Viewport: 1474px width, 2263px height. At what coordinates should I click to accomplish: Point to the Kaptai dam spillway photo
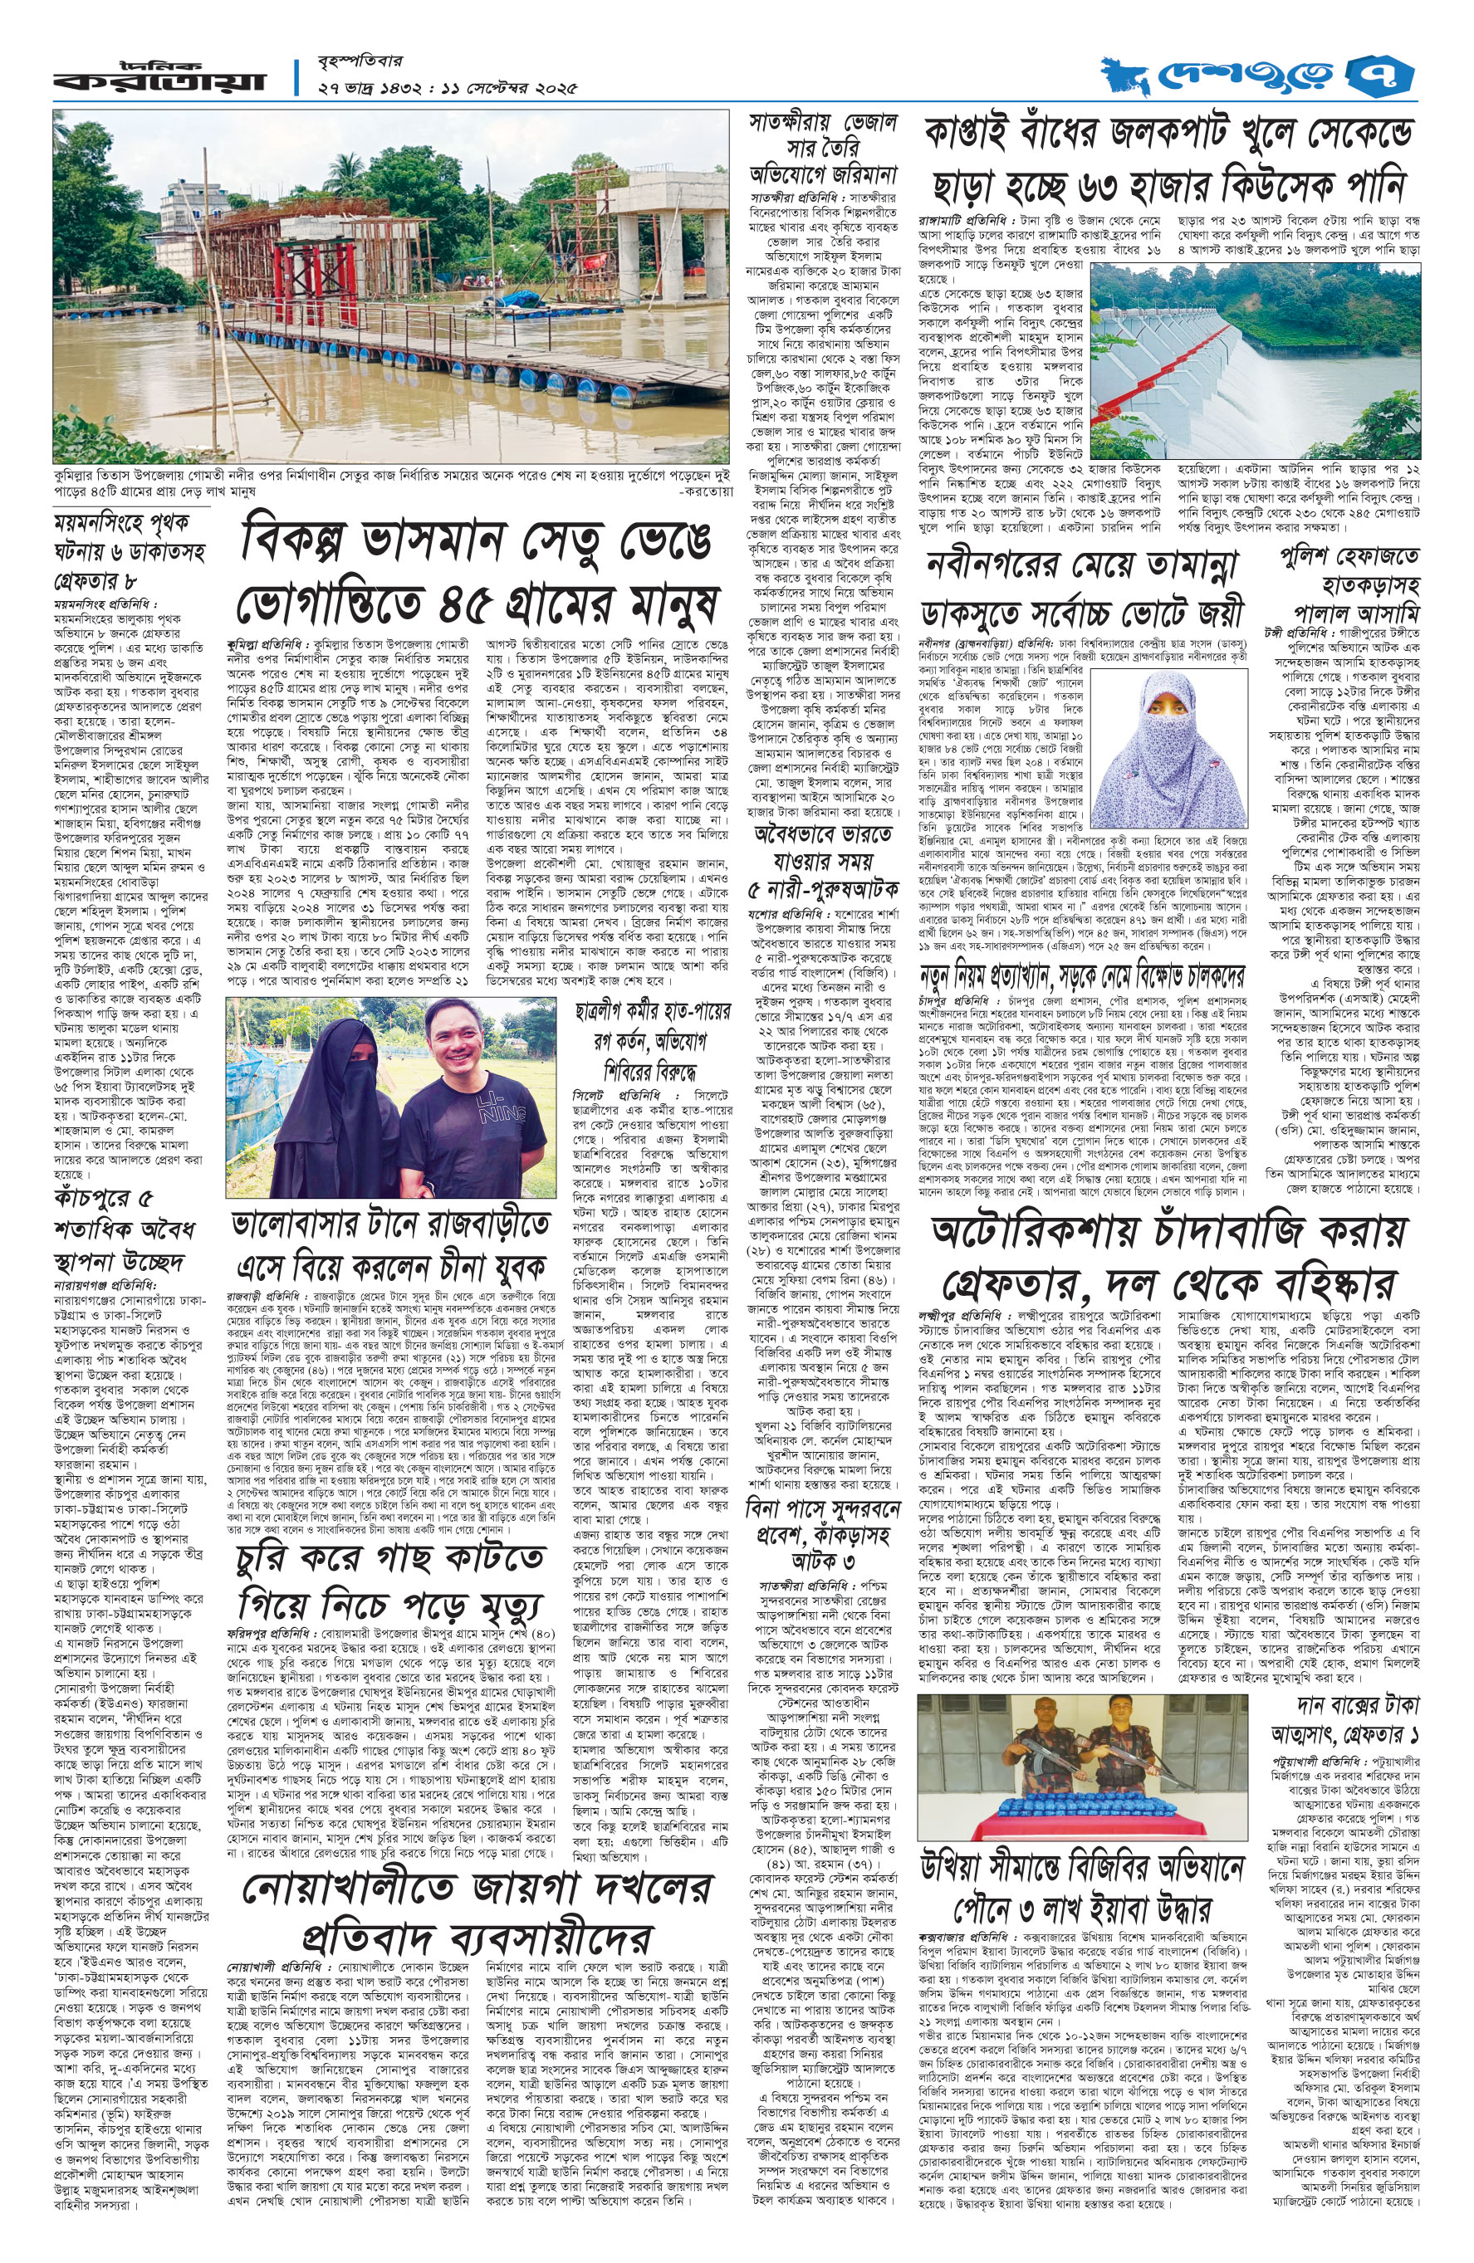tap(1253, 349)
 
